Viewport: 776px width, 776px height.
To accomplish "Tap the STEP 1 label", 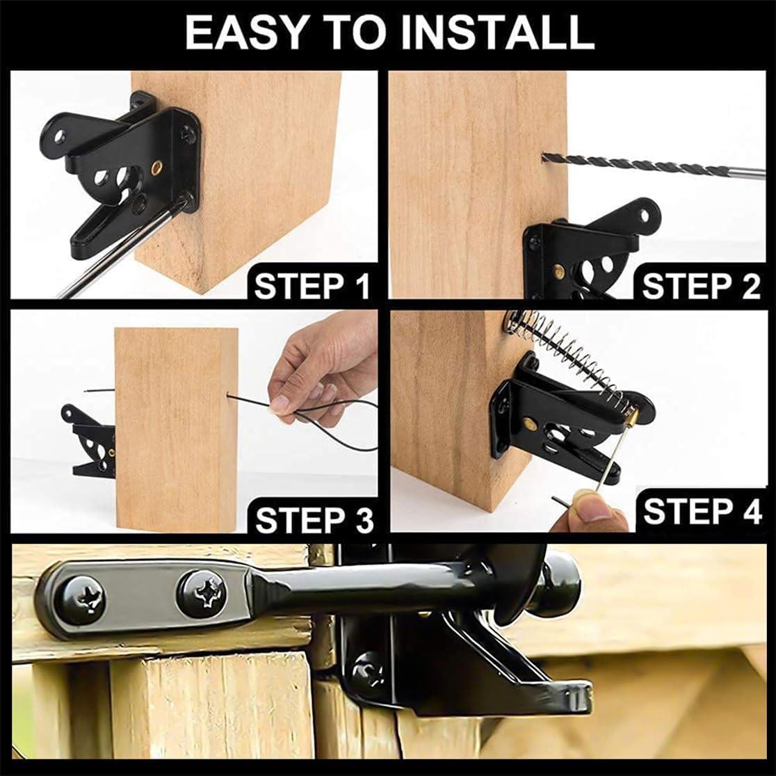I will (x=312, y=286).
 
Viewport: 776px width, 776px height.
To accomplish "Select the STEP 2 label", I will (x=701, y=286).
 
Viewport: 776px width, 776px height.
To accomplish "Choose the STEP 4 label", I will (x=702, y=511).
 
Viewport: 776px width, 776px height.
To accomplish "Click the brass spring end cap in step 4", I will (x=631, y=415).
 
